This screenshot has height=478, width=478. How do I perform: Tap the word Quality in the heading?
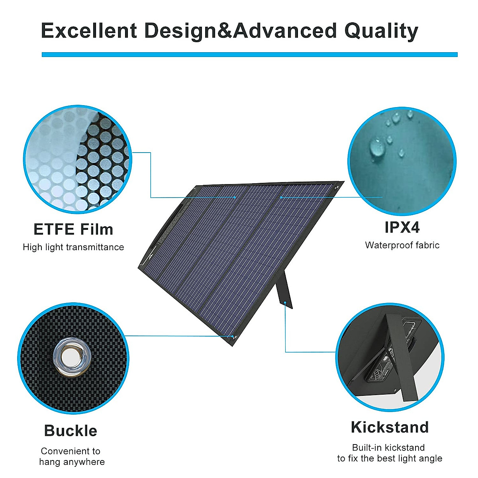pos(381,31)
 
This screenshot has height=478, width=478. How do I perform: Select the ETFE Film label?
pos(73,229)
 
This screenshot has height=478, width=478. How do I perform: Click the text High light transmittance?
pos(73,247)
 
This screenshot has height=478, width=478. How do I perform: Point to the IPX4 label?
pos(402,227)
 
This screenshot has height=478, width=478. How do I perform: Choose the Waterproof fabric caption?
pos(402,245)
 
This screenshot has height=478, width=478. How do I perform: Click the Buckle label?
pos(71,431)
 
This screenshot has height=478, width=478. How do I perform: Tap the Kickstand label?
pos(390,427)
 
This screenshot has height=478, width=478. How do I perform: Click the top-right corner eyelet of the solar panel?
pos(337,186)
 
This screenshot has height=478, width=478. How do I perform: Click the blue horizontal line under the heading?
pos(249,55)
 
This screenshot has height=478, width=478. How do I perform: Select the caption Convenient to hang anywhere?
pos(72,456)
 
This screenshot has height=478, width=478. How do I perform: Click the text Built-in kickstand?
pos(388,448)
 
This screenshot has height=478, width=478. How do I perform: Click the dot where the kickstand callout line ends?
pos(286,304)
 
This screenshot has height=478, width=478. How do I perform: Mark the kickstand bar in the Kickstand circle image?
pos(398,358)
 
